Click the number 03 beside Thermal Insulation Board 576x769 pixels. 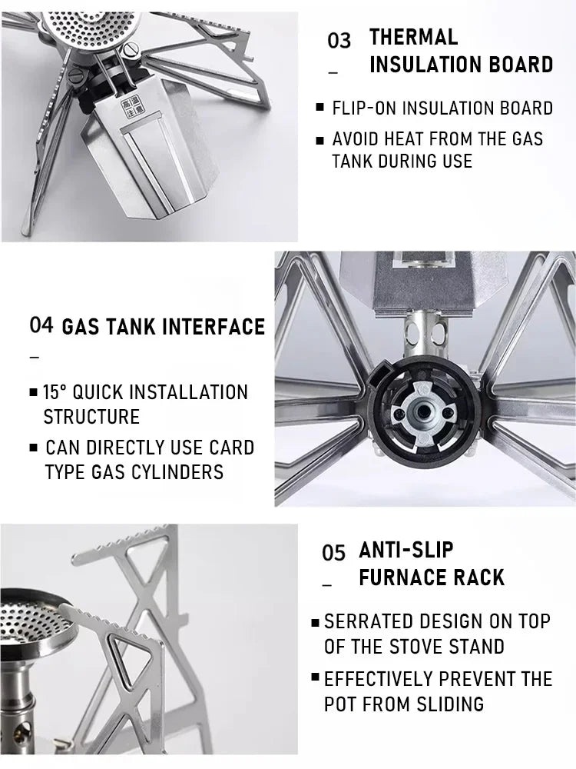339,41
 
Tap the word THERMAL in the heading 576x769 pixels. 413,37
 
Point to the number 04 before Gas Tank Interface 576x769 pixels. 41,325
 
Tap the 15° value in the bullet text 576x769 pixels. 55,392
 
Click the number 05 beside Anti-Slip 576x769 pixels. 333,553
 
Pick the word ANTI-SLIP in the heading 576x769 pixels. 406,551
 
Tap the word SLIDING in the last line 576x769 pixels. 450,704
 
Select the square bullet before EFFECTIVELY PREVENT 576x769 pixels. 316,677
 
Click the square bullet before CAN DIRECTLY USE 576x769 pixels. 33,448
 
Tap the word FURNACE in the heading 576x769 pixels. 402,578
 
